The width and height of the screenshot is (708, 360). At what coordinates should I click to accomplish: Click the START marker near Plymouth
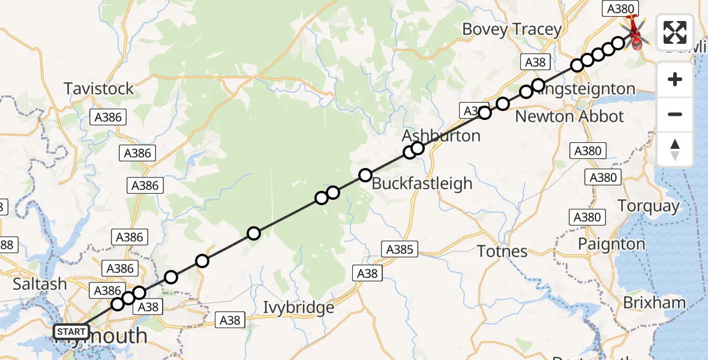pyautogui.click(x=71, y=331)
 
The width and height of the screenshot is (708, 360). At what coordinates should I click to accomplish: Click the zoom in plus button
pyautogui.click(x=675, y=80)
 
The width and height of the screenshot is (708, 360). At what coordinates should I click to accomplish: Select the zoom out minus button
pyautogui.click(x=675, y=115)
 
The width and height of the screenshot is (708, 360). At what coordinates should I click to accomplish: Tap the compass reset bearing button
pyautogui.click(x=675, y=149)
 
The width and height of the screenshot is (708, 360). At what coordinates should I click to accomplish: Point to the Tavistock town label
pyautogui.click(x=99, y=89)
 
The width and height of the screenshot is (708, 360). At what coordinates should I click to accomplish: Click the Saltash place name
pyautogui.click(x=40, y=284)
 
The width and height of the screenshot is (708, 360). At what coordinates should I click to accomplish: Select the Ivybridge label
pyautogui.click(x=299, y=308)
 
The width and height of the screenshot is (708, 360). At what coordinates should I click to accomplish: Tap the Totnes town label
pyautogui.click(x=502, y=251)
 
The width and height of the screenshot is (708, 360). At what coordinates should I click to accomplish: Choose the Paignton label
pyautogui.click(x=611, y=244)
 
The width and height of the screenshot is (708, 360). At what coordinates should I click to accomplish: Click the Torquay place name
pyautogui.click(x=649, y=206)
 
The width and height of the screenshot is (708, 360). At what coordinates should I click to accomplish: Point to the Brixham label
pyautogui.click(x=654, y=303)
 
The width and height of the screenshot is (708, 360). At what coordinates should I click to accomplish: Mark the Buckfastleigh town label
pyautogui.click(x=422, y=184)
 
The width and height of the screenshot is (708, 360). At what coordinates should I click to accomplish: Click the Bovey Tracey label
pyautogui.click(x=512, y=29)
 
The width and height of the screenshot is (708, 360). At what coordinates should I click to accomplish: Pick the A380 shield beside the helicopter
pyautogui.click(x=620, y=8)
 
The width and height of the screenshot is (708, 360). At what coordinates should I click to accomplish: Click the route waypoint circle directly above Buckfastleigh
pyautogui.click(x=365, y=175)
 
